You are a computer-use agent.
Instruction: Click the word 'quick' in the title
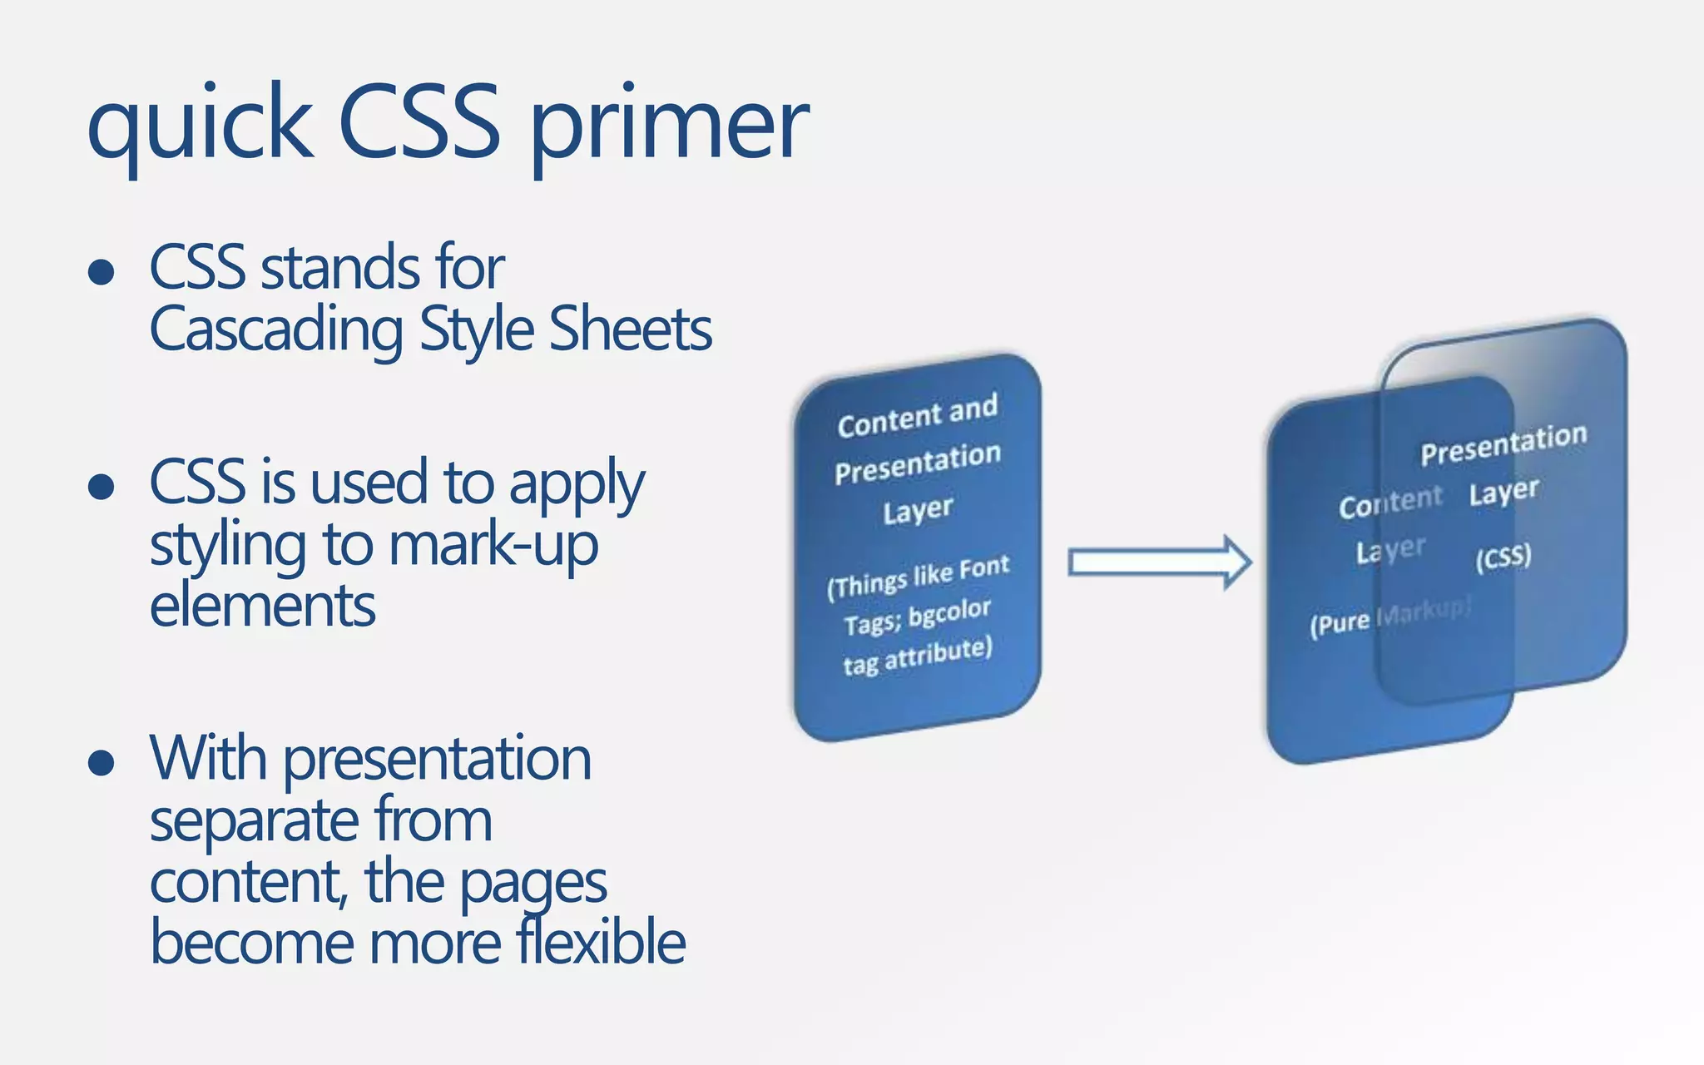coord(200,125)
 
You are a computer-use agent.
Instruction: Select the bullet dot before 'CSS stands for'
coord(101,271)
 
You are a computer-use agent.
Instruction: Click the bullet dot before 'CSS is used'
coord(101,487)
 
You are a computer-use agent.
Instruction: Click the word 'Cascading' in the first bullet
coord(276,329)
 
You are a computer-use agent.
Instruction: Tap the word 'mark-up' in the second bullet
coord(493,545)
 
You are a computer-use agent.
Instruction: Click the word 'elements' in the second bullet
coord(262,606)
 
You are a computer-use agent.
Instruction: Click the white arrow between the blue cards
coord(1160,562)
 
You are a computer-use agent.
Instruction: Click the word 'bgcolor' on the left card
coord(949,613)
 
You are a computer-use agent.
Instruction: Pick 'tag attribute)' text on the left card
coord(918,655)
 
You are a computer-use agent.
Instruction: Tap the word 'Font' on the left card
coord(983,568)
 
